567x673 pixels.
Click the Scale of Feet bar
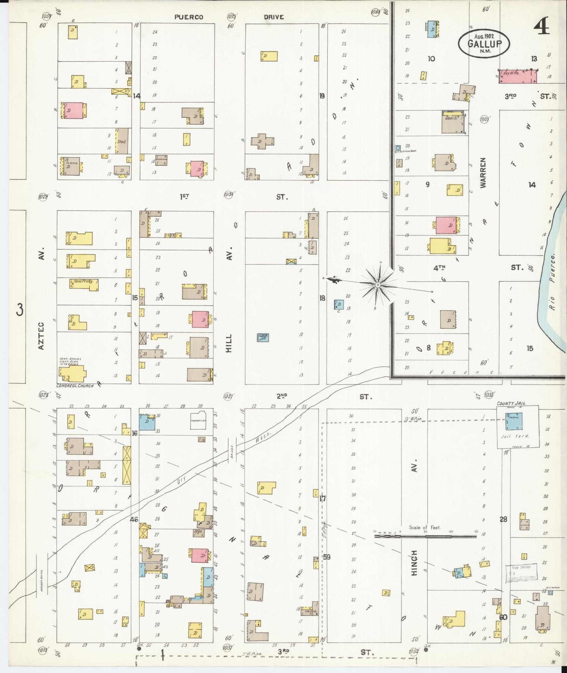pos(425,537)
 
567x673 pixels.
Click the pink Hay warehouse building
pos(518,76)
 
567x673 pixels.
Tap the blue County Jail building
pos(514,421)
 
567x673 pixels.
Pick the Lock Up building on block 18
pos(263,337)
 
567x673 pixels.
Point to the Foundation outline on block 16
pos(198,420)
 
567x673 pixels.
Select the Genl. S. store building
pos(452,122)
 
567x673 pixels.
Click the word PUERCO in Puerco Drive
pos(189,17)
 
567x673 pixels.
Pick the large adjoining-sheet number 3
pos(20,310)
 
